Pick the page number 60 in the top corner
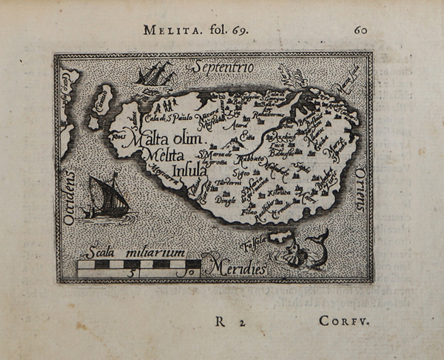(360, 30)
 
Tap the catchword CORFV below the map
(343, 321)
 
